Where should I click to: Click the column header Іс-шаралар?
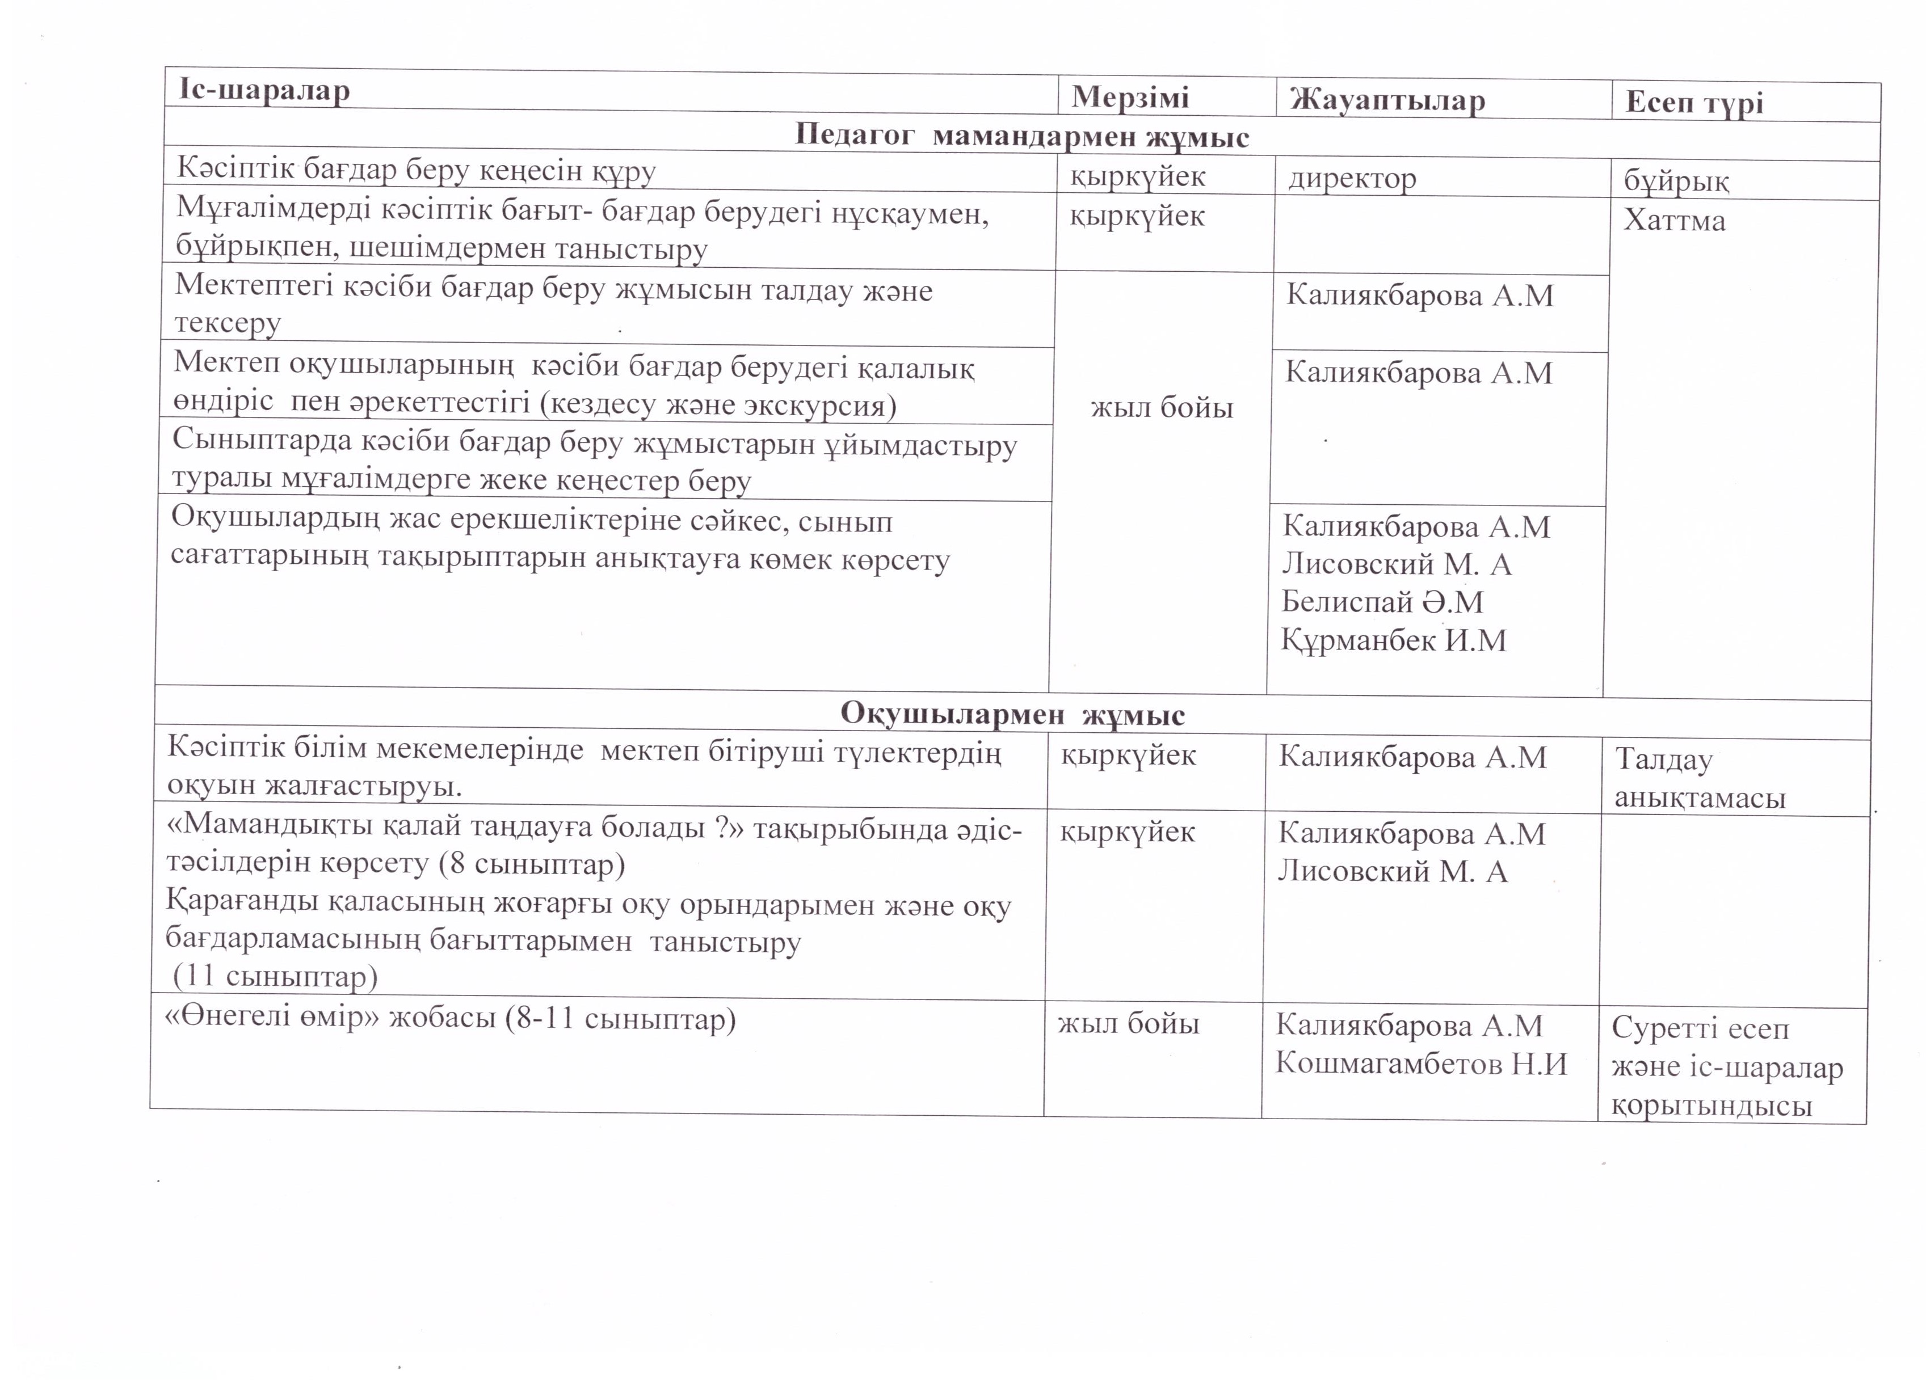coord(264,90)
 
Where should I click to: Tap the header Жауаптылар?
coord(1387,100)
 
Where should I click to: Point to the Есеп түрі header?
coord(1694,103)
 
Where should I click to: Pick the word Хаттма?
coord(1675,221)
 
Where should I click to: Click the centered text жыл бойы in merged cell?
coord(1161,408)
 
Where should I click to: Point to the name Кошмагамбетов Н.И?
coord(1421,1064)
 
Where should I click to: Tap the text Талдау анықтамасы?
coord(1698,778)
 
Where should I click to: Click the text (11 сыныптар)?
coord(275,977)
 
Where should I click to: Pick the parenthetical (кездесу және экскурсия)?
coord(718,405)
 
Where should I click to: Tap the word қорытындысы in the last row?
coord(1711,1106)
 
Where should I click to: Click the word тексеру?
coord(227,323)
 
